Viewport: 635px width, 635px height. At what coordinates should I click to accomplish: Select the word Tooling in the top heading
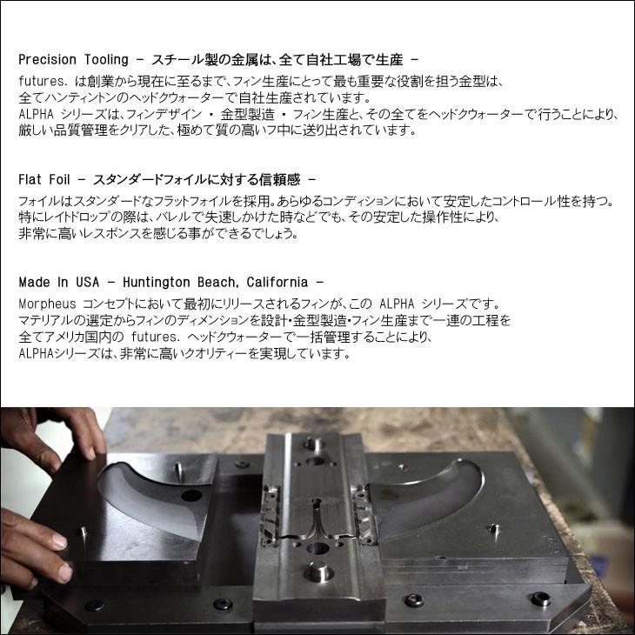coord(106,60)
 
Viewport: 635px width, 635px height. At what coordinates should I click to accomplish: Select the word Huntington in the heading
coord(158,283)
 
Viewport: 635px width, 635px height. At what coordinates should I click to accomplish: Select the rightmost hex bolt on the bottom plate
coord(541,598)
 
